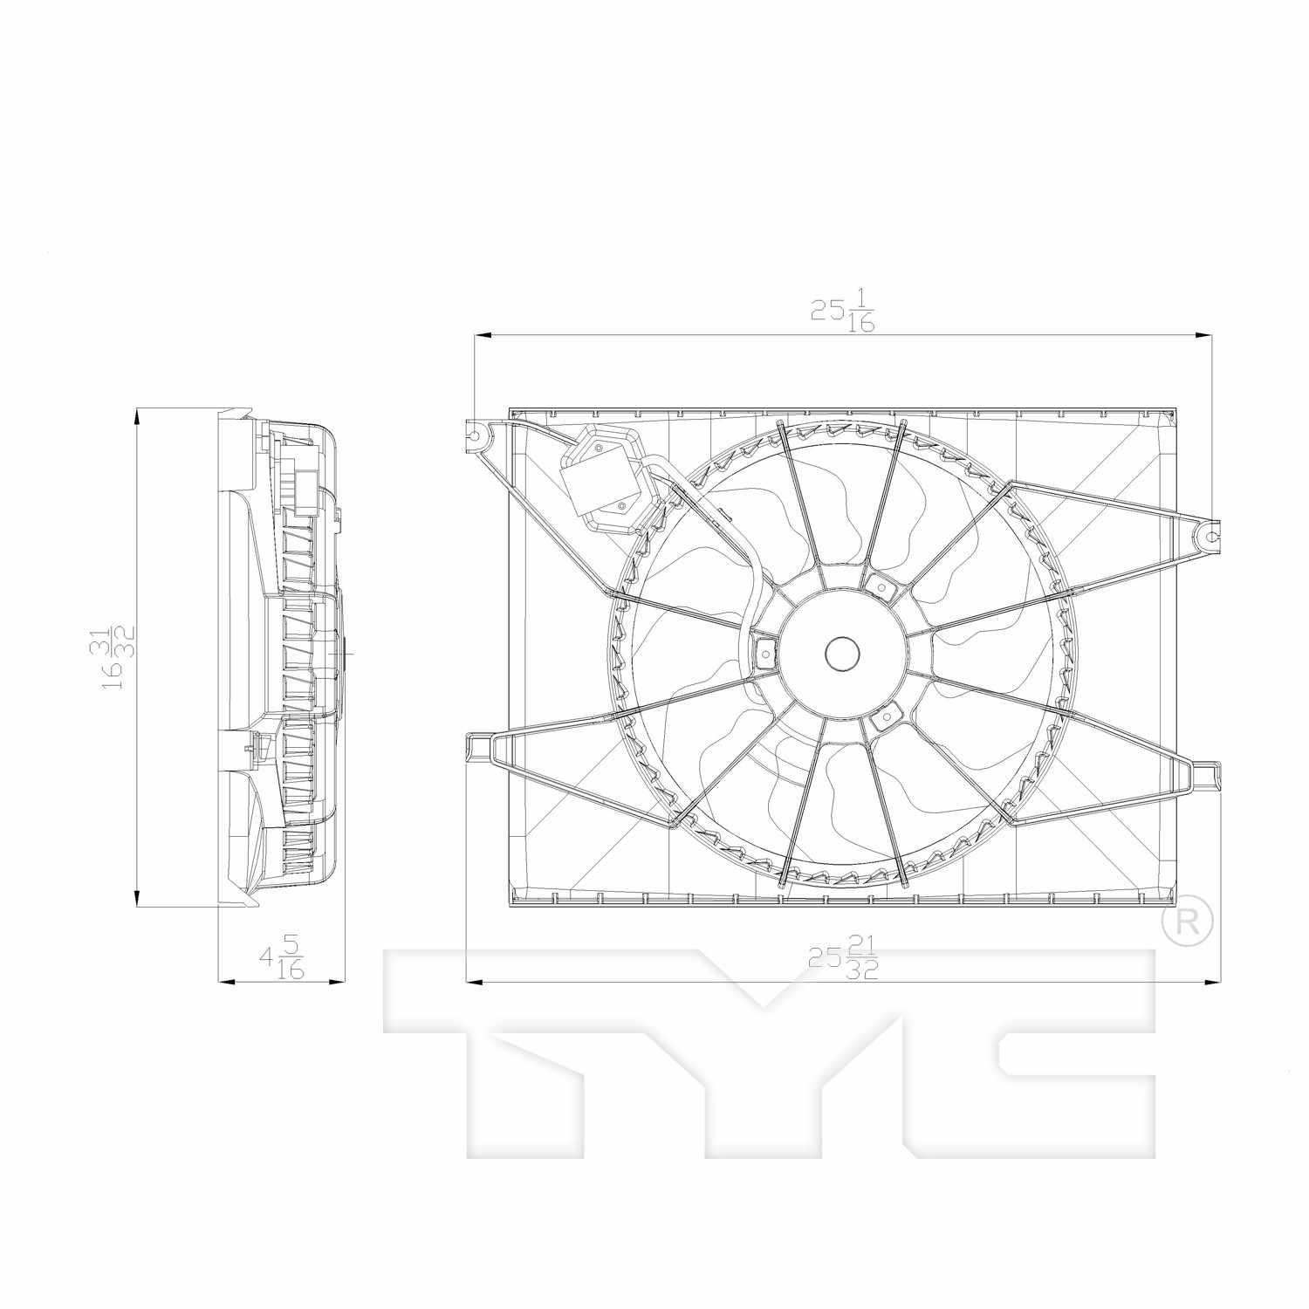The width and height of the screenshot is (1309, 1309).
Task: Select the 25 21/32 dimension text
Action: pyautogui.click(x=843, y=958)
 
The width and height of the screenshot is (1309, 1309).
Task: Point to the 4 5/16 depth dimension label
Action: pyautogui.click(x=282, y=958)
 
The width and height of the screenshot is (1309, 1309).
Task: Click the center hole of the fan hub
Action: pyautogui.click(x=842, y=654)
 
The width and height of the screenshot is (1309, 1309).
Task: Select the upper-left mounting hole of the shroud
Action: pyautogui.click(x=475, y=433)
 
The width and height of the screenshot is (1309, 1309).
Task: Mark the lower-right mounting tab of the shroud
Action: pyautogui.click(x=1207, y=775)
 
